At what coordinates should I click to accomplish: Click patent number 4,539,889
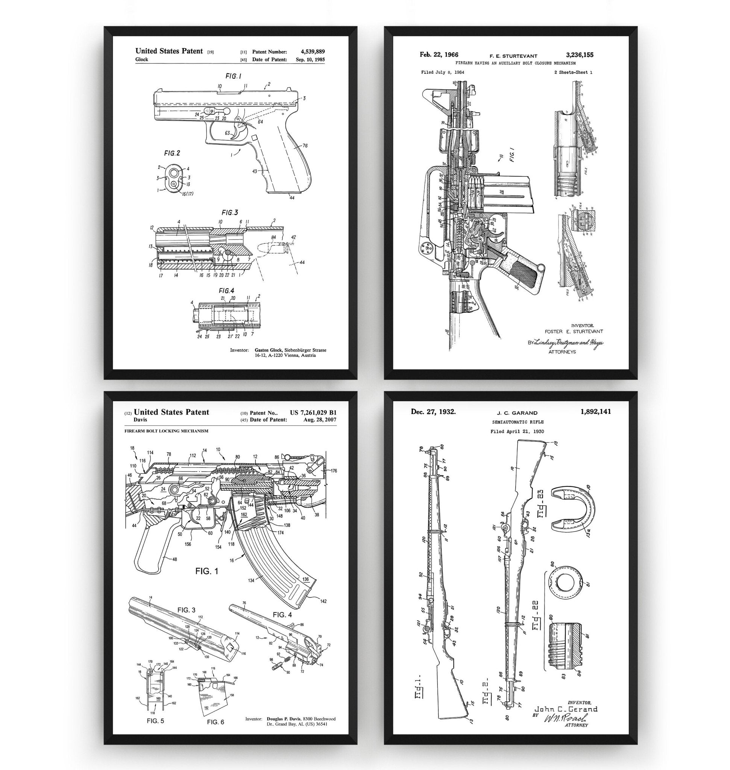pos(313,52)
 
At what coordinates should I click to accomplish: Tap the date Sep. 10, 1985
pos(310,60)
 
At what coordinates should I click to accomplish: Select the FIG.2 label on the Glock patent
pos(171,153)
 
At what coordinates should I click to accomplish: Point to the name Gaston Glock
pos(268,350)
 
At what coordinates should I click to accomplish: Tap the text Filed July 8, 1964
pos(442,72)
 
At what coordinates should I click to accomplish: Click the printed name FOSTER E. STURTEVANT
pos(574,332)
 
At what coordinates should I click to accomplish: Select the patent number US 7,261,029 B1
pos(313,413)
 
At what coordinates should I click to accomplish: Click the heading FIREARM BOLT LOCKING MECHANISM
pos(166,431)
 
